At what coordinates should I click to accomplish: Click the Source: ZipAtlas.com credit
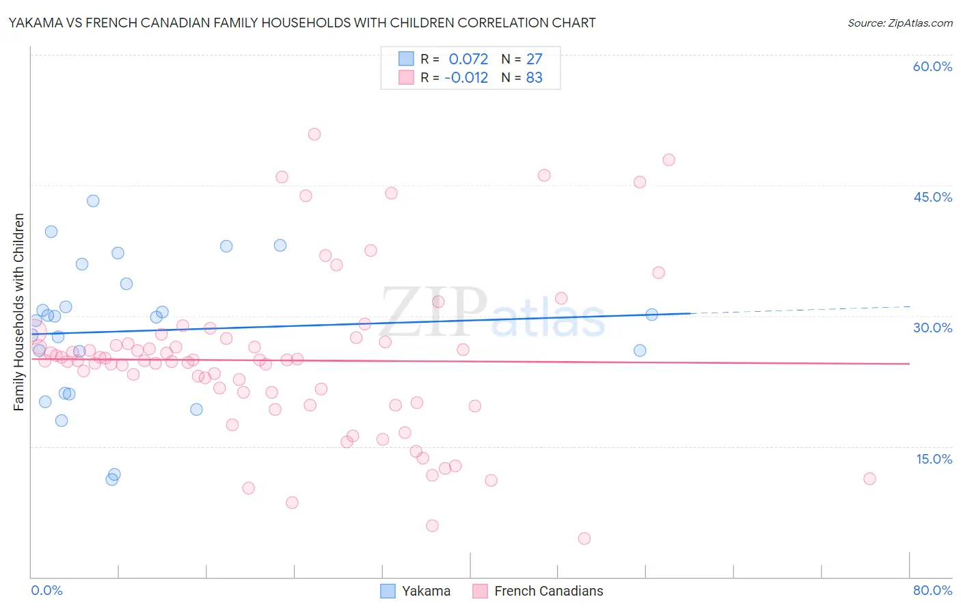(899, 23)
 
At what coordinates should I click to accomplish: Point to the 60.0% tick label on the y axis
(932, 66)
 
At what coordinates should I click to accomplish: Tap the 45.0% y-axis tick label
(932, 197)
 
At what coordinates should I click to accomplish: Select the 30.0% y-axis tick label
(932, 328)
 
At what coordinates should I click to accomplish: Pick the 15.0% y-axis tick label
(934, 459)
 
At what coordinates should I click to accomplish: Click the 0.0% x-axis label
(46, 590)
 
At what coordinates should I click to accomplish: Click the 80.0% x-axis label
(932, 590)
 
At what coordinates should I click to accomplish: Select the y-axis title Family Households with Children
(18, 312)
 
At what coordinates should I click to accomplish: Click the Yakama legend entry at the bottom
(416, 591)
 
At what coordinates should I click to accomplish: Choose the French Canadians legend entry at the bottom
(539, 591)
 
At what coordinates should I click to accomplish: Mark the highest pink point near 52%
(314, 134)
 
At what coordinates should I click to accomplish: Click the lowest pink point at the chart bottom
(584, 538)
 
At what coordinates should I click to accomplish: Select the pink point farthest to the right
(869, 479)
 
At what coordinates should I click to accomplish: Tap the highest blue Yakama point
(93, 201)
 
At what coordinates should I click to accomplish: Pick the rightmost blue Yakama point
(651, 315)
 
